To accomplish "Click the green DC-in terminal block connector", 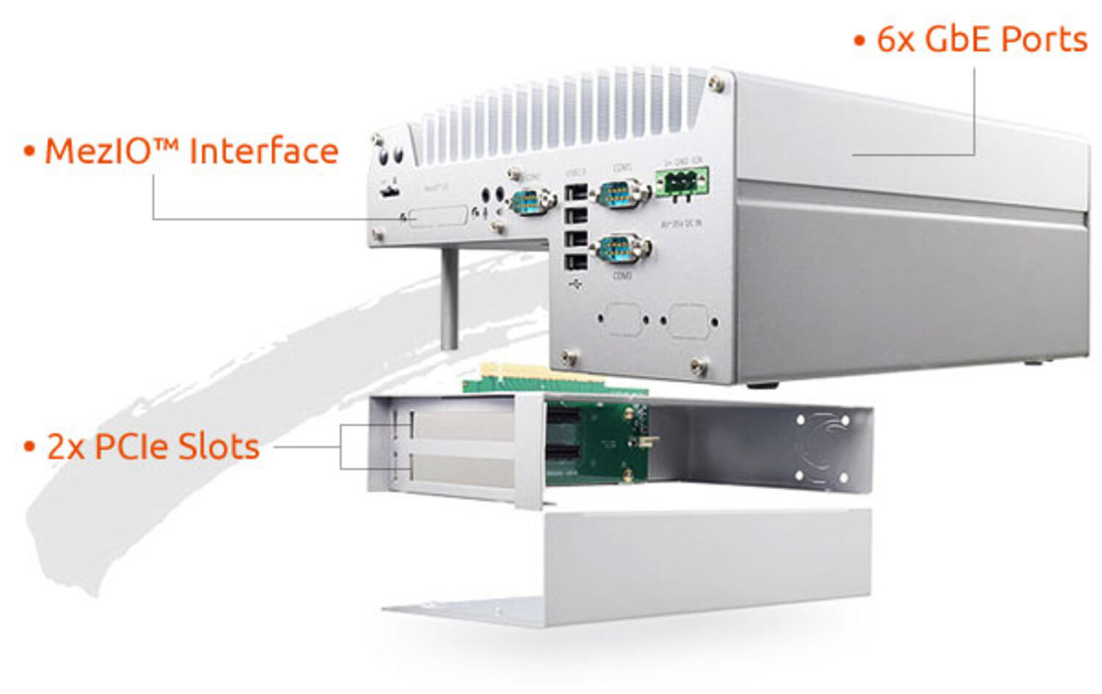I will [682, 181].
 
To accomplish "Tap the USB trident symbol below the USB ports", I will [575, 283].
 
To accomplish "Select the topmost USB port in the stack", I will [577, 193].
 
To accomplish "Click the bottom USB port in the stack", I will [577, 261].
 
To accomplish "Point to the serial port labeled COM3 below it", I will [621, 249].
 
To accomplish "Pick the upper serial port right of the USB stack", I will [621, 195].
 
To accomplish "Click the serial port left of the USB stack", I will [529, 200].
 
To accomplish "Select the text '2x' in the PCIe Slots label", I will [66, 447].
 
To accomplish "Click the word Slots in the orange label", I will [218, 447].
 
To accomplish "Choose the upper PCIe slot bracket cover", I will [463, 426].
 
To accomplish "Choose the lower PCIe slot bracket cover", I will [463, 469].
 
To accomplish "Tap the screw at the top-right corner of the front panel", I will [716, 84].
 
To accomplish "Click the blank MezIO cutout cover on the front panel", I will [439, 217].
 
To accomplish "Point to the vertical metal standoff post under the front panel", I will [449, 298].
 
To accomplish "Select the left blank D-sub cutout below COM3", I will [623, 319].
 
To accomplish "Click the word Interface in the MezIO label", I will [264, 151].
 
